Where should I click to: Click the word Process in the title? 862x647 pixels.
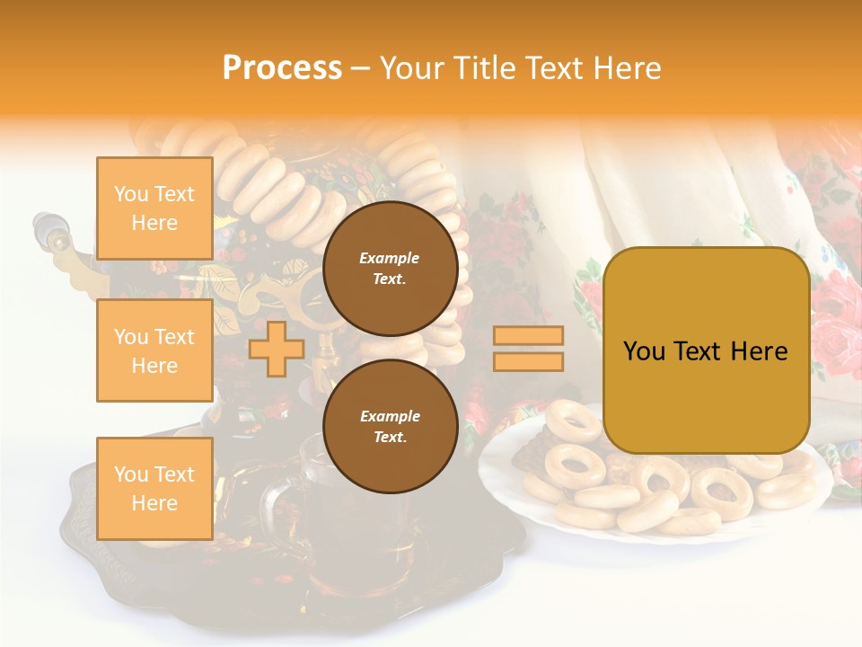point(282,67)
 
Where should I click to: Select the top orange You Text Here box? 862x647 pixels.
point(154,208)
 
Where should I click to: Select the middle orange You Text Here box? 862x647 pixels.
point(154,350)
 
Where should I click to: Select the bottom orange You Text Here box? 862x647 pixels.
point(154,488)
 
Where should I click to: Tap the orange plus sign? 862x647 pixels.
point(276,349)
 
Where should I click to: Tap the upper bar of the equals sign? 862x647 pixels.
point(528,335)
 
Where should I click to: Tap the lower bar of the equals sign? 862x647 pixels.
point(528,361)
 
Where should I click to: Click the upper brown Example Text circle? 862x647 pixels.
point(390,268)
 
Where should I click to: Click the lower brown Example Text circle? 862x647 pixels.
point(390,426)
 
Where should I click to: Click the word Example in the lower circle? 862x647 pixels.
point(390,416)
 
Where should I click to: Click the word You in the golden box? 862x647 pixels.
point(643,351)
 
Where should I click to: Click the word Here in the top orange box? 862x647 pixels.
point(154,223)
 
